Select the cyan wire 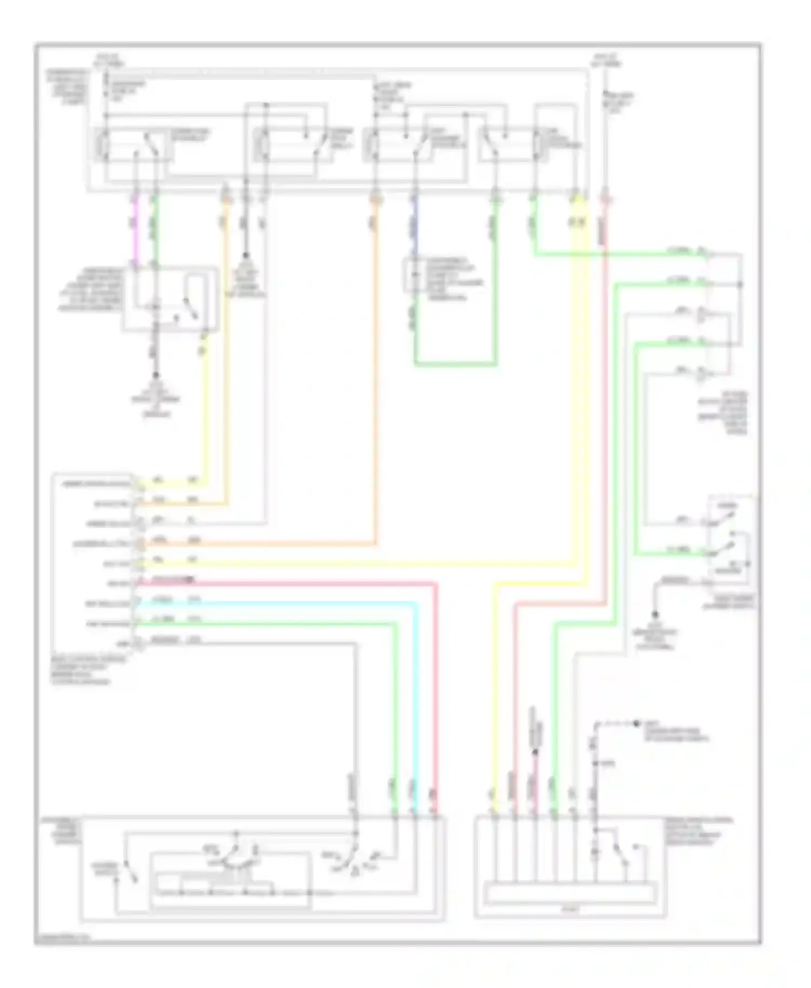(x=415, y=703)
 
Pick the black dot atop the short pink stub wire (x=535, y=752)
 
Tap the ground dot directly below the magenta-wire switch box (x=156, y=375)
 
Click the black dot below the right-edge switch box (x=655, y=615)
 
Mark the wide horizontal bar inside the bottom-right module (x=570, y=892)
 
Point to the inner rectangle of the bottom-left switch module (x=230, y=881)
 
